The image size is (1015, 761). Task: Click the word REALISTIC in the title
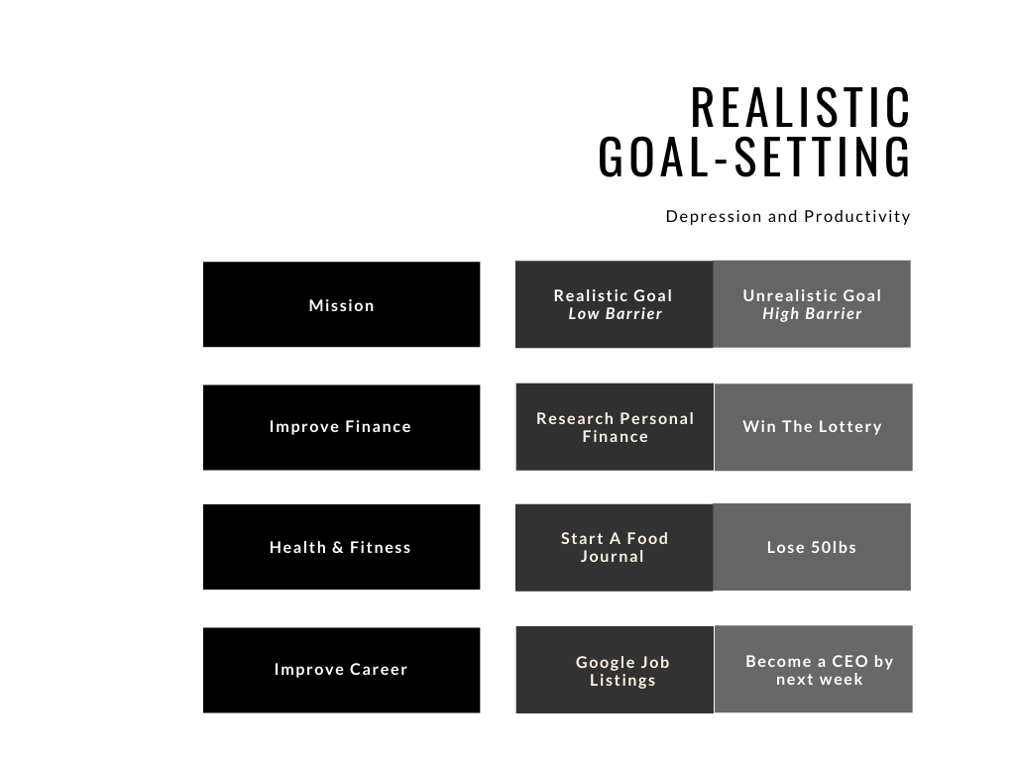(x=801, y=107)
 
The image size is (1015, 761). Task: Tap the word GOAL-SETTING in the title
(x=754, y=158)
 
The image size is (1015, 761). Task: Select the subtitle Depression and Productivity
(x=788, y=216)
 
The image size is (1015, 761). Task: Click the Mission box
(x=341, y=304)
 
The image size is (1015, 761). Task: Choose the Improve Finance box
(x=341, y=427)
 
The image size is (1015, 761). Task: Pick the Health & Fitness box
(x=341, y=547)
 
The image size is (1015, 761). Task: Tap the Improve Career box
(x=341, y=670)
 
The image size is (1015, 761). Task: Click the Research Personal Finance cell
(x=615, y=427)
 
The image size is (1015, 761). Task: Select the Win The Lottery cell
(x=813, y=427)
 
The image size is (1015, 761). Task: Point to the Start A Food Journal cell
(x=614, y=547)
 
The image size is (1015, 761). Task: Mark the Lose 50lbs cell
(x=812, y=547)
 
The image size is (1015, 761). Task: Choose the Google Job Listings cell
(x=615, y=670)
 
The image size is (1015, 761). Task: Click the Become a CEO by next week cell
(x=814, y=670)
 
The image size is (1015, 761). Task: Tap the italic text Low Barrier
(x=615, y=314)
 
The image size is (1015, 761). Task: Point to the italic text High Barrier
(x=812, y=314)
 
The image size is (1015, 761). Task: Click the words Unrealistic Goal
(x=812, y=295)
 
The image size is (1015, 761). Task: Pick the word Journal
(x=613, y=557)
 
